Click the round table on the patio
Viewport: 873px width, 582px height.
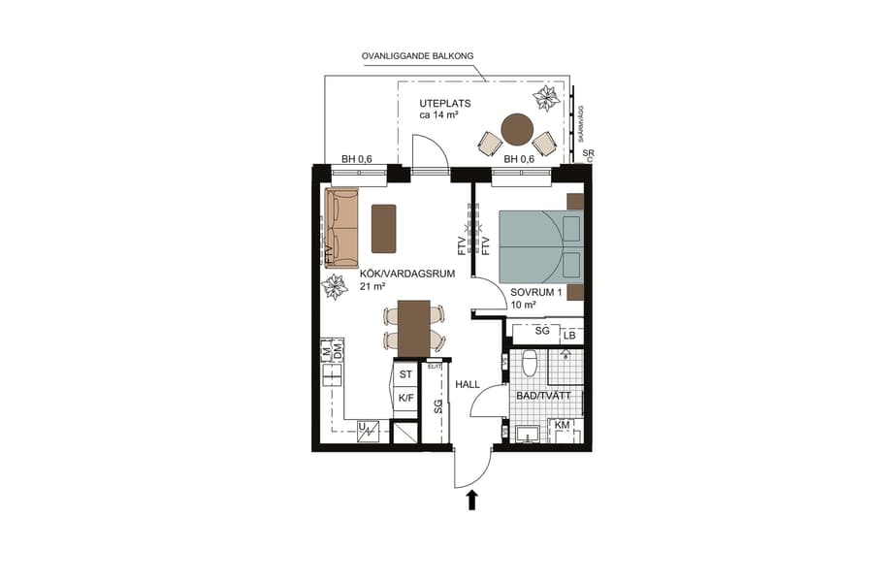(x=518, y=129)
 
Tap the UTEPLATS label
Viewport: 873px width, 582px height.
(x=446, y=103)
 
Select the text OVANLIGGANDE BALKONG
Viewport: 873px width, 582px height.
(x=417, y=56)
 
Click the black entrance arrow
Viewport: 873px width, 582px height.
(x=472, y=500)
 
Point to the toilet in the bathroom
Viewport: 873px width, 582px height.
(x=530, y=364)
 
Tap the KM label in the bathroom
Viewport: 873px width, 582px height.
(x=562, y=426)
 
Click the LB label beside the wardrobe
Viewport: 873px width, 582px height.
(x=569, y=336)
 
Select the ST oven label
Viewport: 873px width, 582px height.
(x=406, y=374)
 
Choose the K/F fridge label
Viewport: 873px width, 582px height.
(x=406, y=398)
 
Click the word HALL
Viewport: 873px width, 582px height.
(x=469, y=385)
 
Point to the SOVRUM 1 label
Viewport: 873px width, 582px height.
(x=536, y=292)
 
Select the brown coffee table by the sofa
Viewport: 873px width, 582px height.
(x=384, y=229)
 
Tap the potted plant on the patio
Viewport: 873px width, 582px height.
(x=547, y=98)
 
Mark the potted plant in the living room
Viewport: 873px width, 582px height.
(x=336, y=287)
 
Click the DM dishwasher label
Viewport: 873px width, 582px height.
(x=338, y=356)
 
